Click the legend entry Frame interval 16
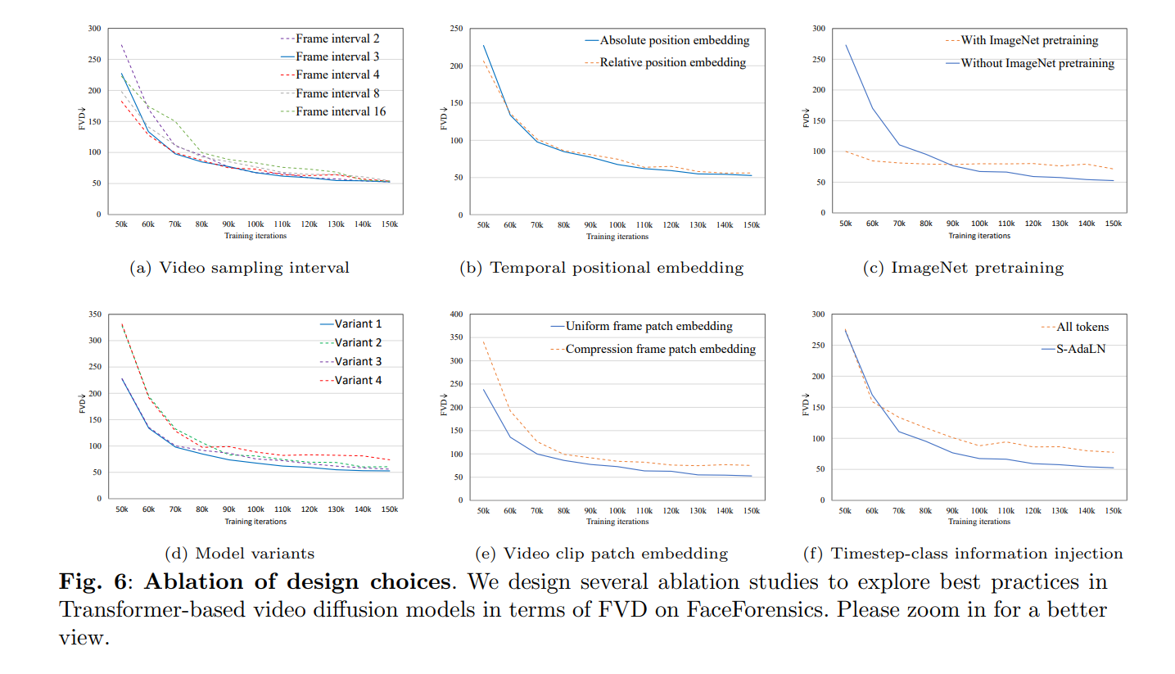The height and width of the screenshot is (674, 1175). pos(341,111)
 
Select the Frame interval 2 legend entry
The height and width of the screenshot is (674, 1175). pos(337,38)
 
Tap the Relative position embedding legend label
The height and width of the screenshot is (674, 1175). pos(672,62)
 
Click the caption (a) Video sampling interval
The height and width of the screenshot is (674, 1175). pos(240,268)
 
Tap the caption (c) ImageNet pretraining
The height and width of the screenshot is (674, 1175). pos(963,268)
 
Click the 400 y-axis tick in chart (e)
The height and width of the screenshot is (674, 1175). pos(457,314)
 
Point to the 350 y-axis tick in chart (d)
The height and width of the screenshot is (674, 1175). pos(95,314)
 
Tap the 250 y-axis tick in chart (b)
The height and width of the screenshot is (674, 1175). pos(457,29)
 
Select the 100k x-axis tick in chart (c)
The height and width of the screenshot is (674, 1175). pos(979,224)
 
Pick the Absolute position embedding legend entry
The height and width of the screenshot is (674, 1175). pos(675,40)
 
